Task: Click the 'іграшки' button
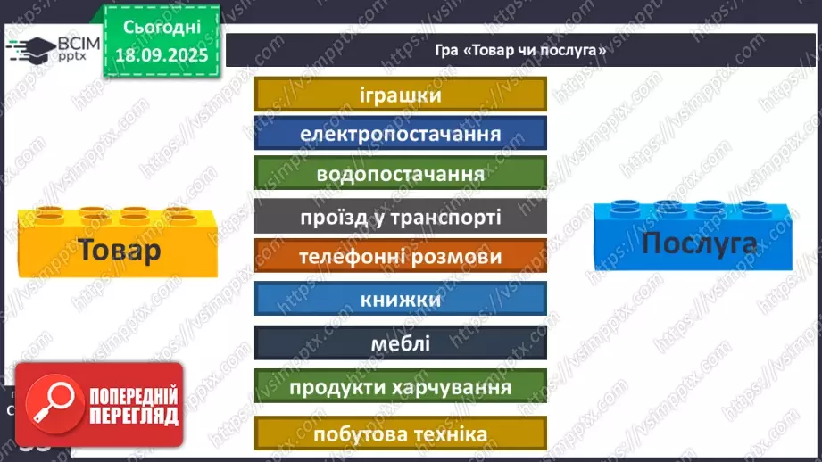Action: coord(400,95)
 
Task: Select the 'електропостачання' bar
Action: coord(400,134)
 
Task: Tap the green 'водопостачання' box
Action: coord(400,173)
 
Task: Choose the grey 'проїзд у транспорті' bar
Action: coord(400,217)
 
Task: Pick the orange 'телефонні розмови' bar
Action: coord(400,256)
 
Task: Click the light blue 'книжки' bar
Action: coord(400,299)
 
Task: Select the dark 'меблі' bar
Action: coord(400,342)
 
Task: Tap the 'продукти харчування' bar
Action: coord(400,388)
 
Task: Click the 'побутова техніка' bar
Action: coord(400,433)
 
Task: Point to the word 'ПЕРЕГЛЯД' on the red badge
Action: coord(134,416)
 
